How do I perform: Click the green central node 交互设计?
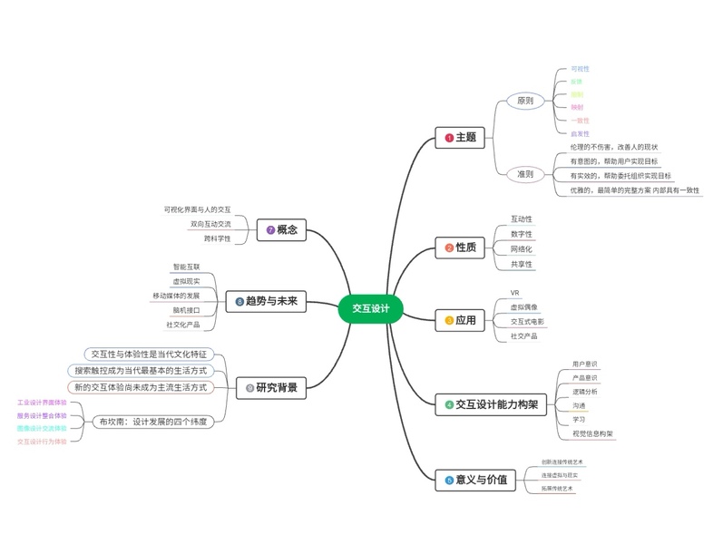point(369,308)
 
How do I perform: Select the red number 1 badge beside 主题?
point(448,138)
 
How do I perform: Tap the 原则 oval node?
point(525,101)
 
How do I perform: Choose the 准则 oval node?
point(525,173)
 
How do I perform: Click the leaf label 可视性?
point(580,69)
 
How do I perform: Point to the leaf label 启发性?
point(580,133)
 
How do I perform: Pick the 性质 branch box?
point(460,247)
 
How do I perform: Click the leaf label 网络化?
point(522,248)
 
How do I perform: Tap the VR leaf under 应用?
point(515,293)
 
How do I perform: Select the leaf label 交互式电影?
point(528,321)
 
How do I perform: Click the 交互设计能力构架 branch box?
point(489,404)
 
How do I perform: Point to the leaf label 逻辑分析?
point(585,391)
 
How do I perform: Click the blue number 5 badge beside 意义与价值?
point(448,479)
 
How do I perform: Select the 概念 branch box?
point(281,230)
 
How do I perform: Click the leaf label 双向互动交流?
point(210,224)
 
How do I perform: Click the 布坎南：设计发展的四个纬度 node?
point(153,421)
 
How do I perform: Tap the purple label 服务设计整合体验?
point(43,415)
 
